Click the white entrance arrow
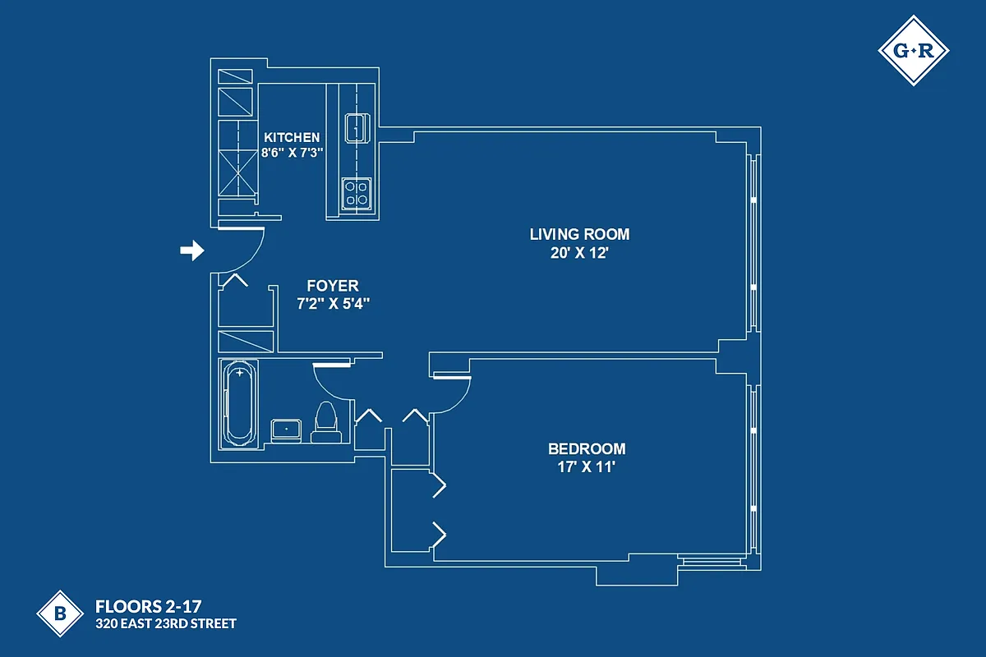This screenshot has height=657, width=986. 191,250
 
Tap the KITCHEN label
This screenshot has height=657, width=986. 292,137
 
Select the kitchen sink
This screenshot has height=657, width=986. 357,128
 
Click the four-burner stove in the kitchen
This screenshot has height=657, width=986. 356,194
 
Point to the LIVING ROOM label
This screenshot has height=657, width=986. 579,234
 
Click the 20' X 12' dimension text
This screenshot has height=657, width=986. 579,253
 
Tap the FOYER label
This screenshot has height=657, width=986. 332,286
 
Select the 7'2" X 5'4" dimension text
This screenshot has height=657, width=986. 333,303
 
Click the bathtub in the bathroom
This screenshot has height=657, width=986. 239,403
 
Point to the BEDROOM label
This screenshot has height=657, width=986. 587,449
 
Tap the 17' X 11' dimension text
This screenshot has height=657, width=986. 587,468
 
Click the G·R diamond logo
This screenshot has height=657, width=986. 913,51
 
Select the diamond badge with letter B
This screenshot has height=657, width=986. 60,613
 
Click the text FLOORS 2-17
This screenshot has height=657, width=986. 142,608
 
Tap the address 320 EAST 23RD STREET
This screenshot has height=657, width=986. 165,624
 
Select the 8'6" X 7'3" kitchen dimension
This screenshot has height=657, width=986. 292,153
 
